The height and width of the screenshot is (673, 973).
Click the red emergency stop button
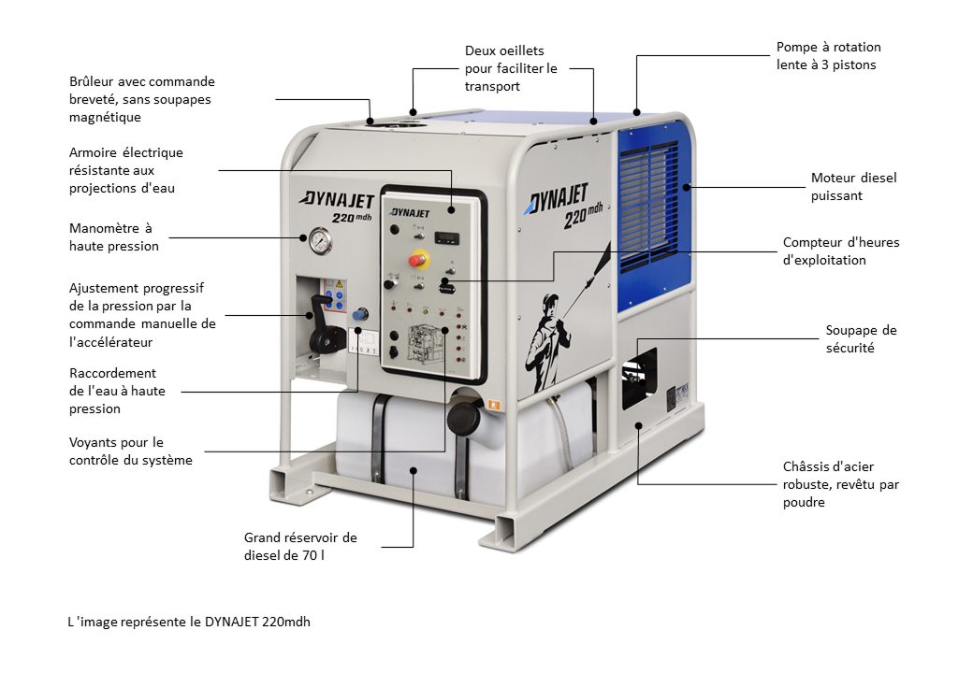coord(417,259)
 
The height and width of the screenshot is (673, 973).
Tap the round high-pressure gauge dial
coord(320,241)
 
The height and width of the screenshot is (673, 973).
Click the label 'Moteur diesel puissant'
coord(853,187)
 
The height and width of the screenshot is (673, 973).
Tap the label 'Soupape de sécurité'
coord(861,339)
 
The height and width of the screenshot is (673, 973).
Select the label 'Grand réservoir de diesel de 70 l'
coord(300,547)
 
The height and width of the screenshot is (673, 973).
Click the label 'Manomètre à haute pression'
coord(113,237)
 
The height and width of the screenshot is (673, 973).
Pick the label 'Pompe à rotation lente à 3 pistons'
coord(828,56)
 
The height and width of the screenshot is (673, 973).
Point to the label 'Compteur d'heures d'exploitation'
coord(841,251)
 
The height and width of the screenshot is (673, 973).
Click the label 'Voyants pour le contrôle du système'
coord(130,451)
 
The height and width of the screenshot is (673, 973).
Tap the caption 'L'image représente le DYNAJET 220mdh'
coord(189,622)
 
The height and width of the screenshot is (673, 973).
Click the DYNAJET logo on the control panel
coord(410,212)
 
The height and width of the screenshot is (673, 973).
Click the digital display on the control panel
coord(445,236)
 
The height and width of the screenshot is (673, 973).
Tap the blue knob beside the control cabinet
coord(360,314)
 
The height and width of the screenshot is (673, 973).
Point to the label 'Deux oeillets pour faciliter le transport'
coord(511,68)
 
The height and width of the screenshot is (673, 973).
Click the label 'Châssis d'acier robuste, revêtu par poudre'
coord(841,484)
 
